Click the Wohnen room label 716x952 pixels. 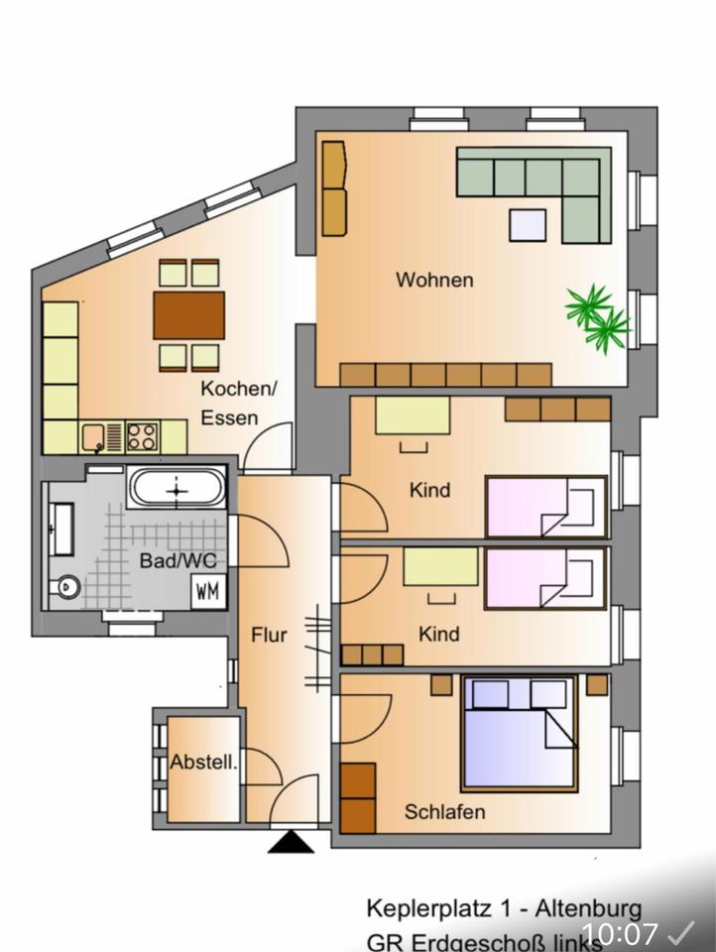434,280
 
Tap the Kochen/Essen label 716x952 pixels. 239,402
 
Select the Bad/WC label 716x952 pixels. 178,560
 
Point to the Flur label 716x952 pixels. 269,634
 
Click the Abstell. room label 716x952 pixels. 203,763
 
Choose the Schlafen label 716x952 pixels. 445,812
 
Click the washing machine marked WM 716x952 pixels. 208,592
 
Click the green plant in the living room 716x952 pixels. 597,315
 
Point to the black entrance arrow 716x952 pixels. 292,842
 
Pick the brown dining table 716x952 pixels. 188,314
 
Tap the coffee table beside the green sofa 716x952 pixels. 528,225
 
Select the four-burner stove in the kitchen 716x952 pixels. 142,436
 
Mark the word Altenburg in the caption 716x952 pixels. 592,908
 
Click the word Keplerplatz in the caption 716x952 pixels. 425,908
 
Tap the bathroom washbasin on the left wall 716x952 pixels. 61,529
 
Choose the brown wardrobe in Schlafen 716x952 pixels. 357,798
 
